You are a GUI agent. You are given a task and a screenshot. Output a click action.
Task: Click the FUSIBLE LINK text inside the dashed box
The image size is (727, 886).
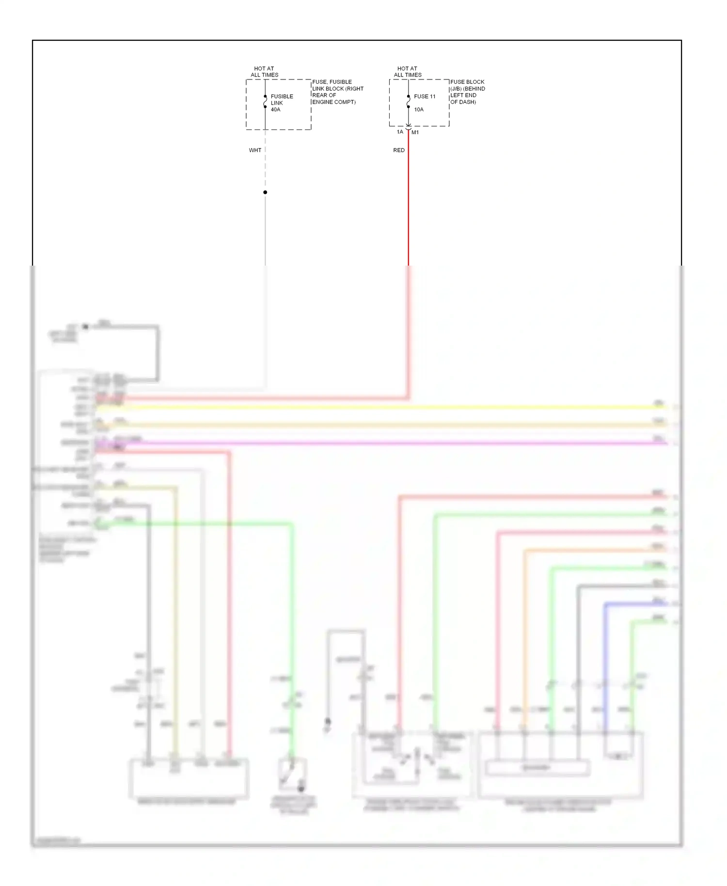click(282, 99)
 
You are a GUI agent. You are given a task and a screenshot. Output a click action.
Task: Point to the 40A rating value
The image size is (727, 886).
click(275, 110)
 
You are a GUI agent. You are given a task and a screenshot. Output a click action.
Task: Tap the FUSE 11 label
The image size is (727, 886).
click(425, 96)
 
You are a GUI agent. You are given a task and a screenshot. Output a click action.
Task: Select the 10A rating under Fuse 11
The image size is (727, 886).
click(419, 110)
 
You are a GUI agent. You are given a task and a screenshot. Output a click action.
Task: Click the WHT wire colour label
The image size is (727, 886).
click(255, 150)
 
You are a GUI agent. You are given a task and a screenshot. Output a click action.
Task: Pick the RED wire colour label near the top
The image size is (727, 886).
click(399, 150)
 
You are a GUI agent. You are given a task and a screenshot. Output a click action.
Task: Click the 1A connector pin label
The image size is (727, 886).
click(400, 132)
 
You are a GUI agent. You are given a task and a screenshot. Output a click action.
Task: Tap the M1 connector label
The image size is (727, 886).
click(415, 132)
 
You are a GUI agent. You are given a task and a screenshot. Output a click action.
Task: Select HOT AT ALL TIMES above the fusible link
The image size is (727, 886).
click(264, 72)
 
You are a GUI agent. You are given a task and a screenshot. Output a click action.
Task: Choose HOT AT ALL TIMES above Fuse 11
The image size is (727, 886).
click(408, 72)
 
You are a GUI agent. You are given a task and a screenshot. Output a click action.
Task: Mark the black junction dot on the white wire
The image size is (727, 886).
click(265, 192)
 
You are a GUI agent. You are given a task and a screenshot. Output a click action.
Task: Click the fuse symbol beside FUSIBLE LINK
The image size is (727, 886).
click(265, 102)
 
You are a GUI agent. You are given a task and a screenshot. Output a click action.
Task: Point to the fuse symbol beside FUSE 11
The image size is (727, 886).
click(409, 102)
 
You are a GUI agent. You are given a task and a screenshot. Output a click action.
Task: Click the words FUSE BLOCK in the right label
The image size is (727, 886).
click(467, 82)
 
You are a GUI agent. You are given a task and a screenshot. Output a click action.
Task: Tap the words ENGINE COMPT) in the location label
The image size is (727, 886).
click(334, 102)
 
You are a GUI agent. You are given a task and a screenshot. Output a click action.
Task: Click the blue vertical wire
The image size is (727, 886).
click(605, 669)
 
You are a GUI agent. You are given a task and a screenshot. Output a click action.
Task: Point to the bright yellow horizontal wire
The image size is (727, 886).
click(388, 408)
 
